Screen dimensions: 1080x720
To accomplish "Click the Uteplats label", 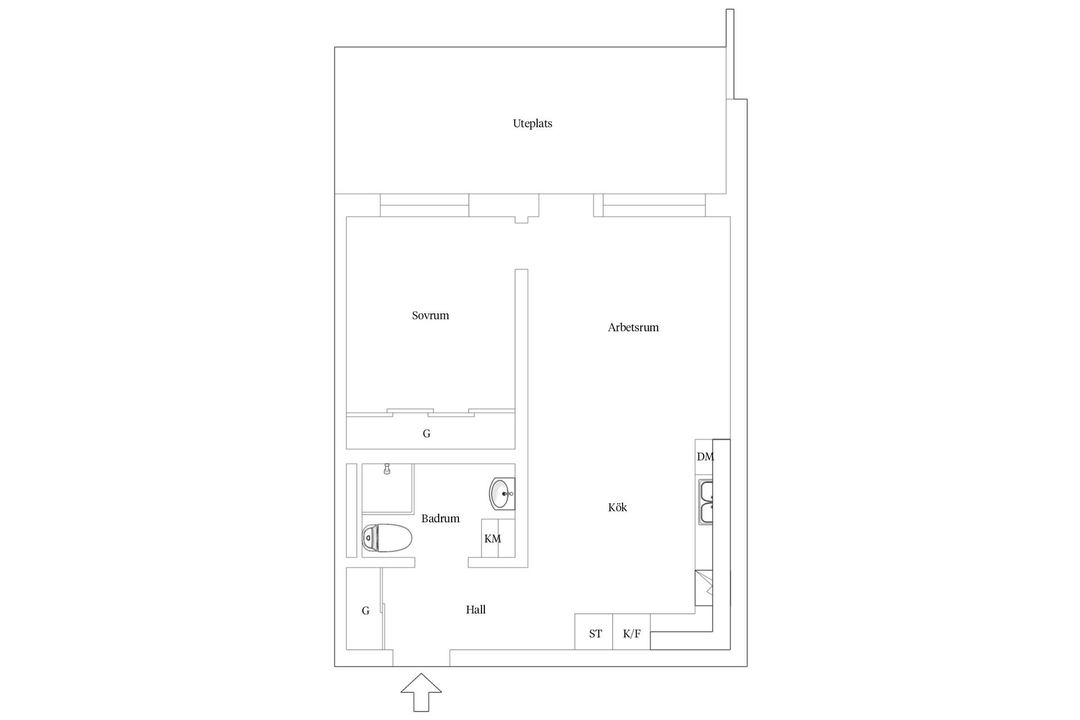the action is click(532, 124).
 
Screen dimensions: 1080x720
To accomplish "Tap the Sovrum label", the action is click(430, 316).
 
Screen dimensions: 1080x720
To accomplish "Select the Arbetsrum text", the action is click(633, 327).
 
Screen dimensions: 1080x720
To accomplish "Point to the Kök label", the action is click(617, 507).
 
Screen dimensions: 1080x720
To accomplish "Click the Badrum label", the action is click(440, 519).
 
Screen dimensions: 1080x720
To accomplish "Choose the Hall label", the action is click(475, 610).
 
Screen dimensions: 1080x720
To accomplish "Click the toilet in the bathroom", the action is click(387, 537).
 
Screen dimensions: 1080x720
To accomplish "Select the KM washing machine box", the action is click(498, 538).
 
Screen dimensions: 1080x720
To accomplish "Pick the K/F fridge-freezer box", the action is click(631, 632).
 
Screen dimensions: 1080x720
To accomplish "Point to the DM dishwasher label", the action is click(705, 457).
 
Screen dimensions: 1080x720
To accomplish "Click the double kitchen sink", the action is click(705, 502).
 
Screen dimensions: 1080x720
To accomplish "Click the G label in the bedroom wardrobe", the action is click(426, 434).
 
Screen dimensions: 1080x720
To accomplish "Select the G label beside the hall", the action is click(366, 611).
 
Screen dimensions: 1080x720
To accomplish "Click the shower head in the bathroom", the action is click(387, 469).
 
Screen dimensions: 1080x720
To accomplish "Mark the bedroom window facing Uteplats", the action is click(425, 205).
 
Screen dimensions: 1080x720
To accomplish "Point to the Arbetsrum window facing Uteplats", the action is click(654, 205).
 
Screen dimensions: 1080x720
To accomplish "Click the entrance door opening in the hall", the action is click(421, 658).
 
